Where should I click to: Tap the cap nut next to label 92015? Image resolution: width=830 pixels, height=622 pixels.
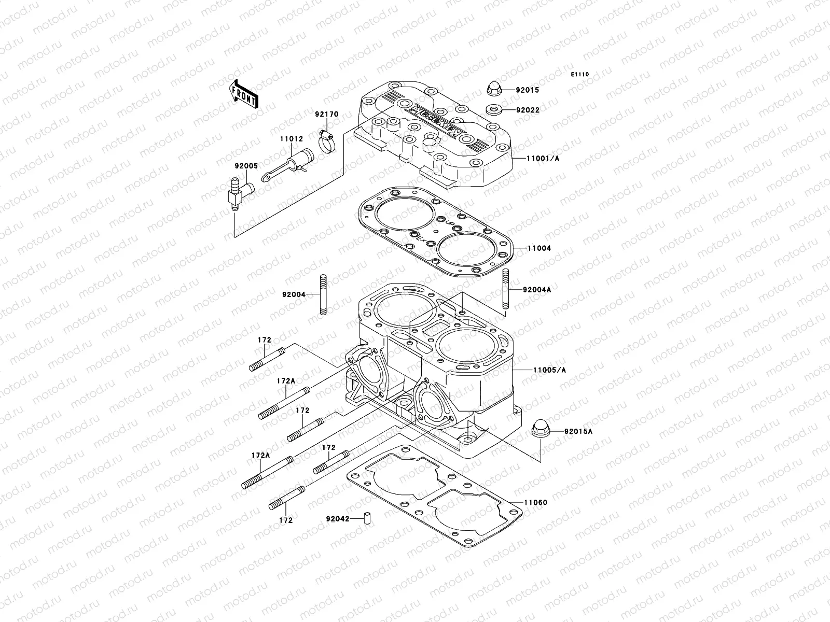(x=494, y=89)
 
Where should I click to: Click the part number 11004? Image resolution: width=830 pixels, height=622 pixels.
(x=539, y=248)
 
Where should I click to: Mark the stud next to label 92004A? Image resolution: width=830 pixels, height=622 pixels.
(x=506, y=290)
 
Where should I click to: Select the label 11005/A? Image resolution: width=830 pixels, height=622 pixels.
(x=549, y=370)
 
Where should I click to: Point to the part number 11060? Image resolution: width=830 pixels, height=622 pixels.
(x=535, y=502)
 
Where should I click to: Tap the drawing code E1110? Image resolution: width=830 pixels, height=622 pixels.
(x=580, y=75)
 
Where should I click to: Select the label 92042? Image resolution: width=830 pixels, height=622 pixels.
(x=337, y=518)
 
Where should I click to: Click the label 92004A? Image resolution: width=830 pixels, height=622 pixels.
(x=536, y=290)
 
